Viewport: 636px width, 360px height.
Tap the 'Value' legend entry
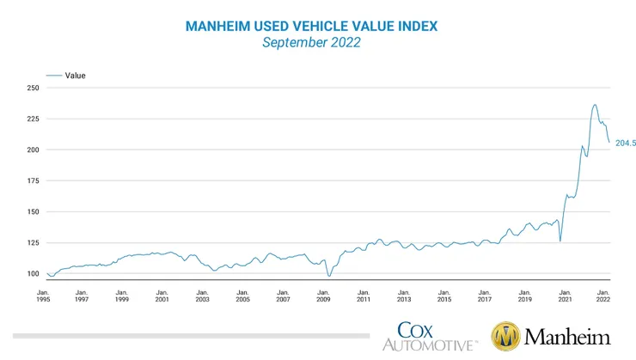point(76,76)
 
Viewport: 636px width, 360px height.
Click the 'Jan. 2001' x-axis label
point(162,296)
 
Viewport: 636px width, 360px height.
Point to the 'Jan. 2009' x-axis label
point(323,296)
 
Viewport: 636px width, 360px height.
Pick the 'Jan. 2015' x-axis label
point(443,296)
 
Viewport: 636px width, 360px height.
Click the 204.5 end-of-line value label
point(625,143)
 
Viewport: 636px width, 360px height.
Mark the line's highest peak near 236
point(595,105)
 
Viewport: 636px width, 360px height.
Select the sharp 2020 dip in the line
point(560,241)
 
